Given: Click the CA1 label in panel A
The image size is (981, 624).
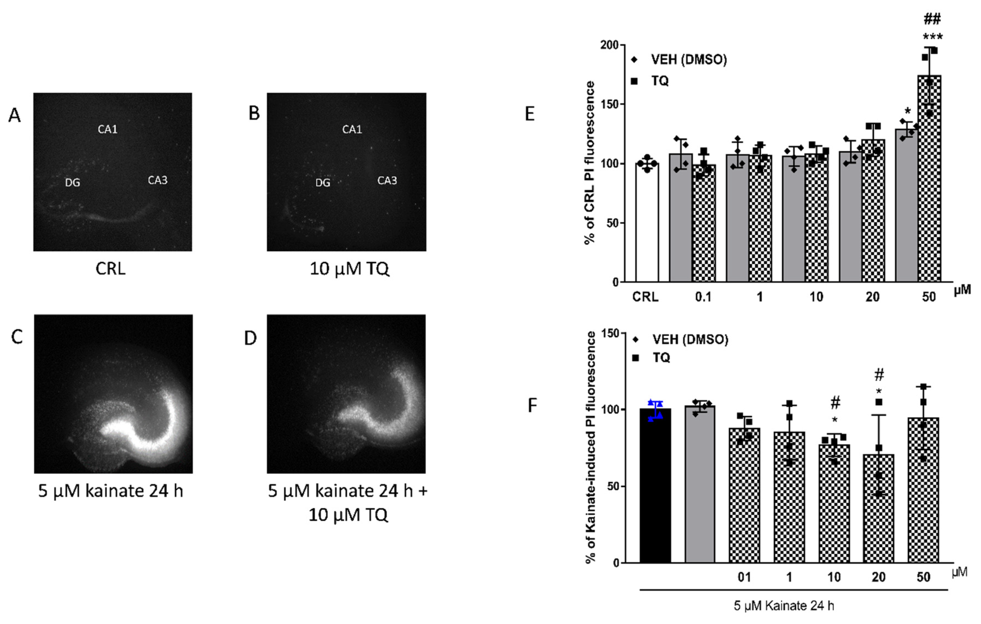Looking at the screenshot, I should (x=108, y=129).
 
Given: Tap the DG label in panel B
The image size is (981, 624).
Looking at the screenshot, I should (x=323, y=182).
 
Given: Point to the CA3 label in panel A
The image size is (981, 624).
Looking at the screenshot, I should (x=157, y=180).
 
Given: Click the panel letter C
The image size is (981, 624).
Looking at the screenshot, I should (x=17, y=337).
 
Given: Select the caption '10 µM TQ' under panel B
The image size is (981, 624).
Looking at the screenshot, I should (x=349, y=269).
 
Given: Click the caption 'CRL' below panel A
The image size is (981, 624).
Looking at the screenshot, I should (x=110, y=269).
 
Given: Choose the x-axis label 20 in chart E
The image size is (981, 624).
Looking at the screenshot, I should (x=872, y=297).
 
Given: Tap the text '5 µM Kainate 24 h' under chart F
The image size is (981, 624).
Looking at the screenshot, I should (x=784, y=606).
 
